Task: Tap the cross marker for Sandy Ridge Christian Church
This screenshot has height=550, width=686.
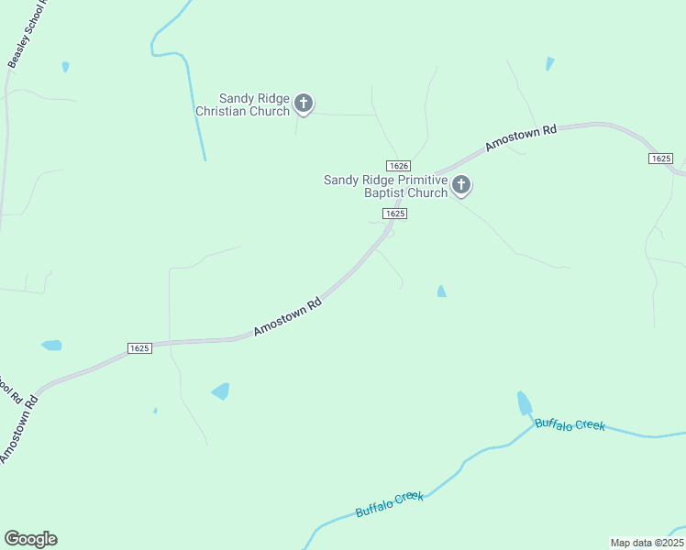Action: click(x=304, y=104)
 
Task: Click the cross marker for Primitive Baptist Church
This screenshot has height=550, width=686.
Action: click(x=461, y=186)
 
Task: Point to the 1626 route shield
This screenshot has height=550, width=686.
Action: click(x=397, y=165)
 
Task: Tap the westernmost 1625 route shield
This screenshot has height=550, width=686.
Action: click(x=139, y=348)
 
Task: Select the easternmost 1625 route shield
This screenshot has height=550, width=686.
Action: click(x=660, y=159)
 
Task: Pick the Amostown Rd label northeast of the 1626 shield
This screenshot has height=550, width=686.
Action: click(x=521, y=137)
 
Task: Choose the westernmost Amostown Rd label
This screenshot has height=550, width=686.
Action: click(x=18, y=429)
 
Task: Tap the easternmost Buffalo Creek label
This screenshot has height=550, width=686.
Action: click(x=570, y=424)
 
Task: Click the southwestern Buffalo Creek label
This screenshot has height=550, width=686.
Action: click(x=390, y=504)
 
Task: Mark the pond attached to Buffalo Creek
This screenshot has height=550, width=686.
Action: click(x=524, y=403)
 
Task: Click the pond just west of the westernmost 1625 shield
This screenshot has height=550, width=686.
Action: click(x=51, y=346)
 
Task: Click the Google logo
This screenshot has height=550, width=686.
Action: click(x=30, y=539)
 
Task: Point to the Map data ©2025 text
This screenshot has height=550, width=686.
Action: click(x=647, y=543)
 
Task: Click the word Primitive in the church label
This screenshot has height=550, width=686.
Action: click(x=414, y=180)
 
